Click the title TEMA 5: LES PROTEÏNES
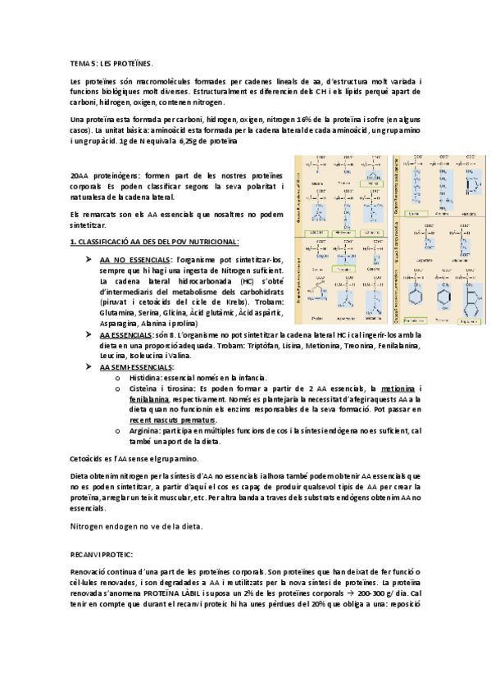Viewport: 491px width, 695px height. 111,62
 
